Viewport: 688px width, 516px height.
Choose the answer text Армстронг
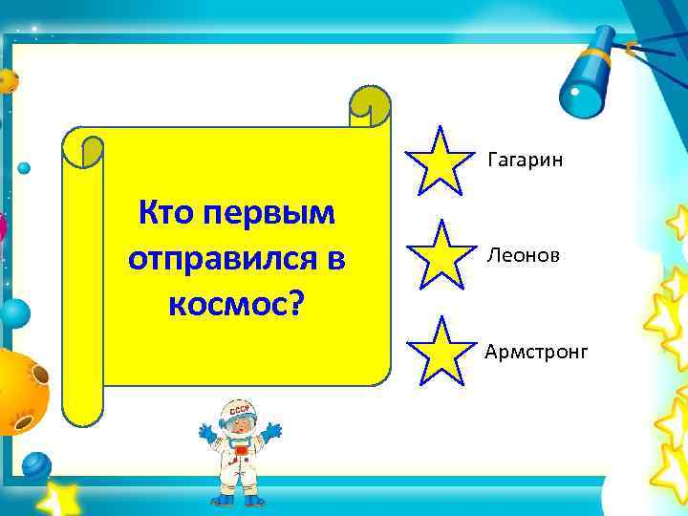536,353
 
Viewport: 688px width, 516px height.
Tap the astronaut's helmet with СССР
236,417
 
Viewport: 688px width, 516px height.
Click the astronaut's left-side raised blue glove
204,432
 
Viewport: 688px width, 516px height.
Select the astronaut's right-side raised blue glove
272,432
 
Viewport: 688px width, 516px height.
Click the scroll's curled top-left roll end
84,148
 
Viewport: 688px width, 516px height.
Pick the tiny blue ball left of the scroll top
24,168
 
